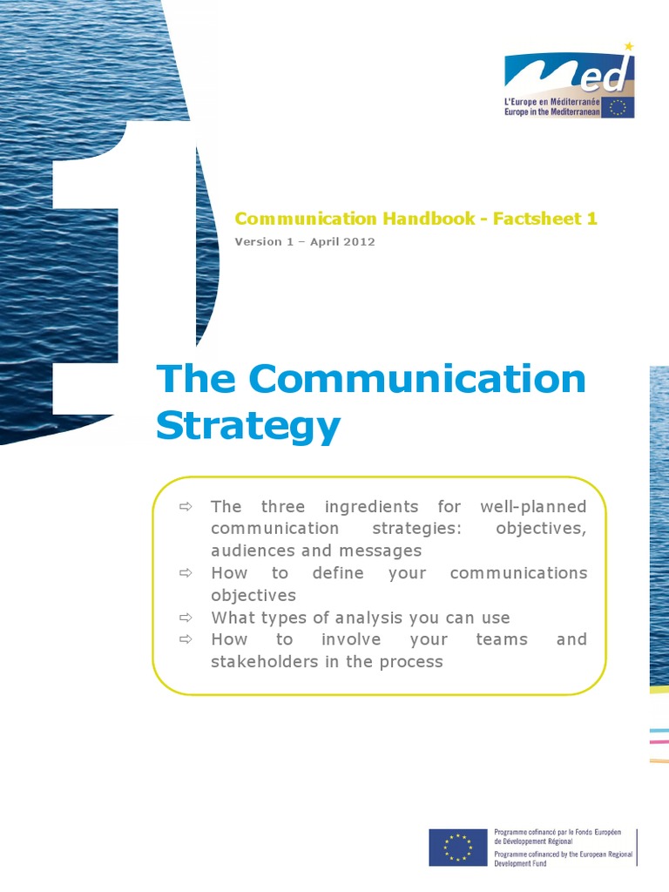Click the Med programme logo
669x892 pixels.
(570, 84)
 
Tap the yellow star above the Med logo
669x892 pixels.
(629, 46)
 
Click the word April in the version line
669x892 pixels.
(321, 241)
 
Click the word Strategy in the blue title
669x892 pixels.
(247, 426)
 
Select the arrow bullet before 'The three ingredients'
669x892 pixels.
(185, 506)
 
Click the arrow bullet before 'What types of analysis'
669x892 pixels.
(185, 617)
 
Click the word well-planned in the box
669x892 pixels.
(533, 506)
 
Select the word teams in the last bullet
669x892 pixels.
(502, 639)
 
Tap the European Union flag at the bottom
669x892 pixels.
(457, 848)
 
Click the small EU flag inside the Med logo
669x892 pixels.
(619, 106)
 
